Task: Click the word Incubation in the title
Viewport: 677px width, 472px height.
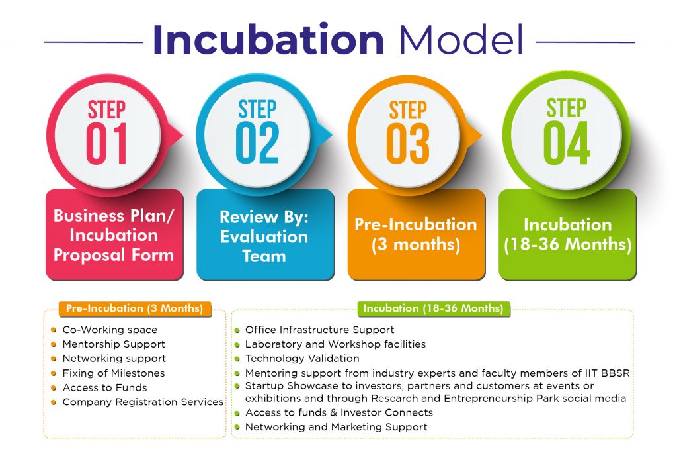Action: click(x=268, y=39)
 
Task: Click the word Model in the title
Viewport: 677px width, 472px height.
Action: click(x=461, y=39)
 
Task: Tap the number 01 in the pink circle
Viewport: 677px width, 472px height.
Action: click(x=106, y=144)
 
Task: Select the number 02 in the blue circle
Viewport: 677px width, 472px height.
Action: click(x=257, y=142)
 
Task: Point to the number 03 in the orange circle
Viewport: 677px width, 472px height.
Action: click(x=407, y=144)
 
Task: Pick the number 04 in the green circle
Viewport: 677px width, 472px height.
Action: click(x=567, y=143)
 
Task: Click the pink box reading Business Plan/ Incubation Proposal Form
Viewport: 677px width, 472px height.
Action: click(x=114, y=234)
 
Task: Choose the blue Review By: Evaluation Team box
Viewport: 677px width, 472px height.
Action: click(x=265, y=234)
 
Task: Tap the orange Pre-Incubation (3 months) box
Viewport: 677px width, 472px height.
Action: click(x=417, y=234)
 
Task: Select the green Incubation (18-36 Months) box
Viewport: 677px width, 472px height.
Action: click(x=567, y=234)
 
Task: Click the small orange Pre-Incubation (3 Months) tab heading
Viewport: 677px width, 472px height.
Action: click(x=135, y=308)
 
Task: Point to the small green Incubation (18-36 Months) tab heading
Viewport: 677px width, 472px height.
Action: click(x=434, y=308)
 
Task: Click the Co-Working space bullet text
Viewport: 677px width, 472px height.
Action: click(x=110, y=330)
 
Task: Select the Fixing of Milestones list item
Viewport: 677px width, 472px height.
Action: click(x=114, y=373)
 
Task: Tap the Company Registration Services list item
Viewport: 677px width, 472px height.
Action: click(x=143, y=402)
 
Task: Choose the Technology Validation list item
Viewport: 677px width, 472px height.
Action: click(x=302, y=359)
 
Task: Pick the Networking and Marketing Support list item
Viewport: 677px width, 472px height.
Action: click(x=337, y=427)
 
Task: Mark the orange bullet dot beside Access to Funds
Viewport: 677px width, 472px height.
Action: click(x=54, y=388)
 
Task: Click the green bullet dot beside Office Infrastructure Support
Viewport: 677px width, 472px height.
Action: click(x=237, y=330)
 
